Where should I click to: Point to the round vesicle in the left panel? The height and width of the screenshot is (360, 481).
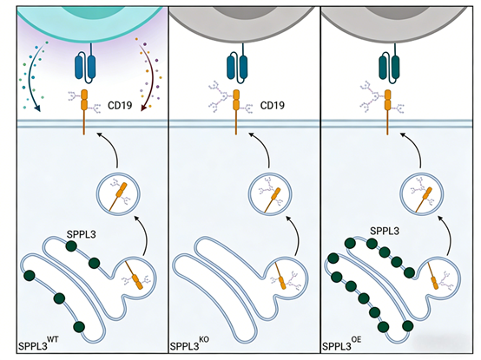click(116, 193)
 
